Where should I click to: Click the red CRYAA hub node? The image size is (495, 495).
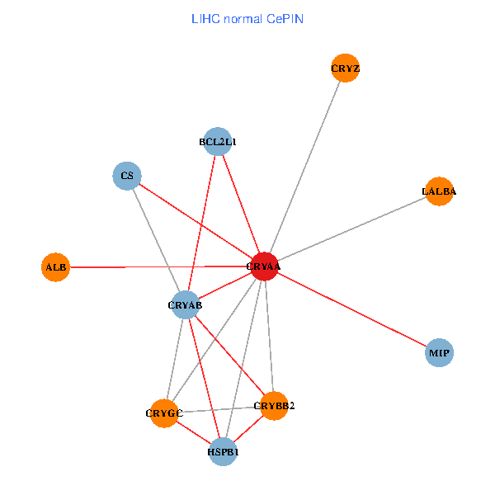(263, 266)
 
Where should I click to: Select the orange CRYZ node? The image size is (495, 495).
(345, 68)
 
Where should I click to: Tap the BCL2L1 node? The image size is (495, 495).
(216, 142)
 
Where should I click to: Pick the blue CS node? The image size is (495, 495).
(127, 176)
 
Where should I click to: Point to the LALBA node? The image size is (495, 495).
(439, 191)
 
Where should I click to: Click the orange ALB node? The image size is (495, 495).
(55, 267)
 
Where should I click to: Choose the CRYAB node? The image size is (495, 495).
(186, 305)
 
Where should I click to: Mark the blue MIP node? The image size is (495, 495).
(439, 353)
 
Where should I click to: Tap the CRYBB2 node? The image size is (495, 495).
(274, 405)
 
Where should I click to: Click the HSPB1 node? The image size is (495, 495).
(223, 452)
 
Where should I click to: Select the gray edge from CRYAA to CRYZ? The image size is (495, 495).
(304, 167)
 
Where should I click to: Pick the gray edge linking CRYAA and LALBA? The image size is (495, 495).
(351, 229)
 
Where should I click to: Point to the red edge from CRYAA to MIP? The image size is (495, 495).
(351, 309)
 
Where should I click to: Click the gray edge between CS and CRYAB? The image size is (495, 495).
(156, 240)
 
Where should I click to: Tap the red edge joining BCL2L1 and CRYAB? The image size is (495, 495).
(201, 224)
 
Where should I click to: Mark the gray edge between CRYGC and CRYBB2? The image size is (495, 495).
(219, 409)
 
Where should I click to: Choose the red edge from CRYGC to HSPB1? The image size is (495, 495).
(194, 432)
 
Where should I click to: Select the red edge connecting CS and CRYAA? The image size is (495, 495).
(195, 221)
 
